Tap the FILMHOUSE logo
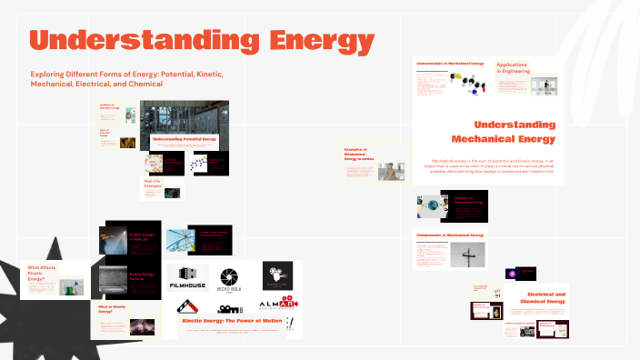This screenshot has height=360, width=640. pyautogui.click(x=188, y=278)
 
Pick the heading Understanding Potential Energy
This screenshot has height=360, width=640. pyautogui.click(x=185, y=139)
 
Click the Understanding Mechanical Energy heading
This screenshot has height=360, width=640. pyautogui.click(x=515, y=131)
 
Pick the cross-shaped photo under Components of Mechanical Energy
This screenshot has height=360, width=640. pyautogui.click(x=466, y=254)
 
